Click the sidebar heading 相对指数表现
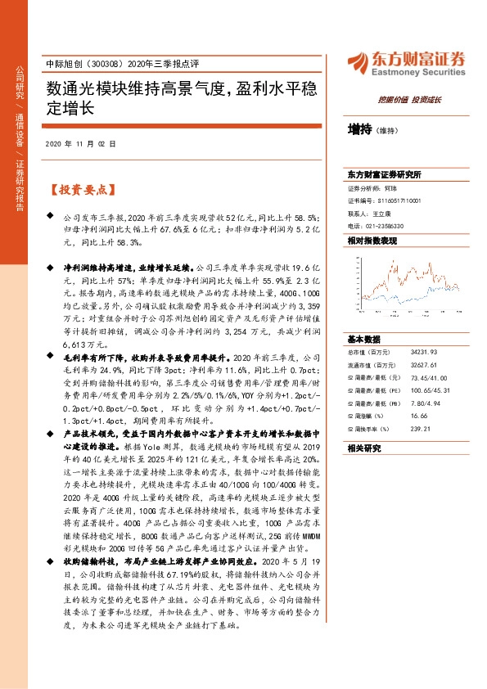pos(372,241)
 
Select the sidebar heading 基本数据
pos(364,339)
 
